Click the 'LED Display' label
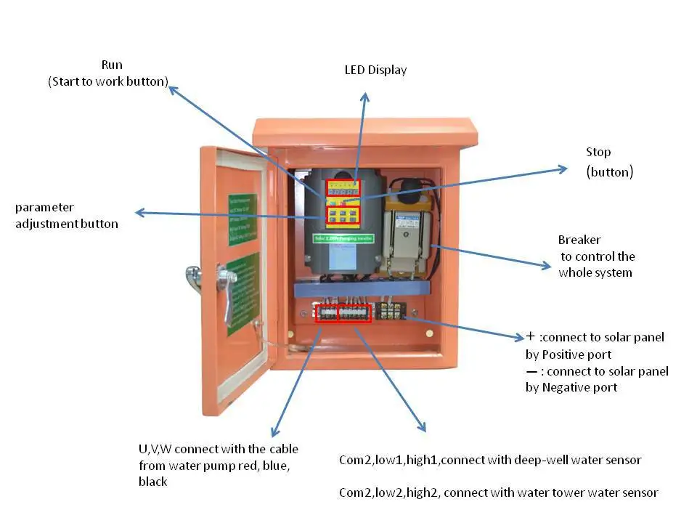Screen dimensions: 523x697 click(x=375, y=70)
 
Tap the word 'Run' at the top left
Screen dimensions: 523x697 click(x=112, y=65)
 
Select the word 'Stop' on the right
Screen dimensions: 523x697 click(x=598, y=152)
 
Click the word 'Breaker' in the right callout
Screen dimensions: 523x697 click(x=579, y=240)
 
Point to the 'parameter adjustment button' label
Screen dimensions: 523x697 click(x=66, y=216)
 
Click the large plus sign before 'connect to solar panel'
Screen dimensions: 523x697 click(x=531, y=336)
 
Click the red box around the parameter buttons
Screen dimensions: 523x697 click(x=343, y=215)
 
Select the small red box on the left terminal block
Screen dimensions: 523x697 click(x=327, y=314)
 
